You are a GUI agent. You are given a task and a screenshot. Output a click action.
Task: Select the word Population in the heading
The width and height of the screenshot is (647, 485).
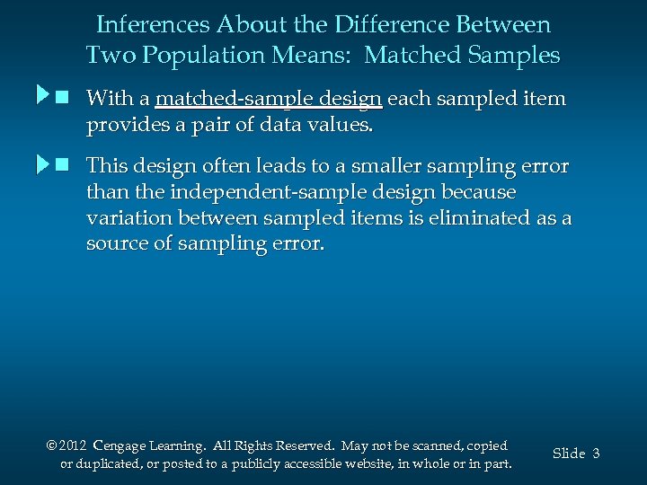[205, 56]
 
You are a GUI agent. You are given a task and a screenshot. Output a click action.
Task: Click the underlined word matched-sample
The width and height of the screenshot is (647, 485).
[270, 98]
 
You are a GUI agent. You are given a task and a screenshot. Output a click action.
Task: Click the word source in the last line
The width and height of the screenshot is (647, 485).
[116, 244]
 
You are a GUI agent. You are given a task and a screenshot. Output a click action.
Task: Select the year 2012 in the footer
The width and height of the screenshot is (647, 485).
[74, 446]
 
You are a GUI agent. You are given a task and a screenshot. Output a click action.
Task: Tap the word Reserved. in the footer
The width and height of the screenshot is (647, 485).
[307, 446]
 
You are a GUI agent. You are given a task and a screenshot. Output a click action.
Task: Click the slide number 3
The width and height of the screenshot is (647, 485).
[596, 454]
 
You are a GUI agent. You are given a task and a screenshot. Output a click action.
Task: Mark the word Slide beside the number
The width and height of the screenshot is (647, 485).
[569, 454]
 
